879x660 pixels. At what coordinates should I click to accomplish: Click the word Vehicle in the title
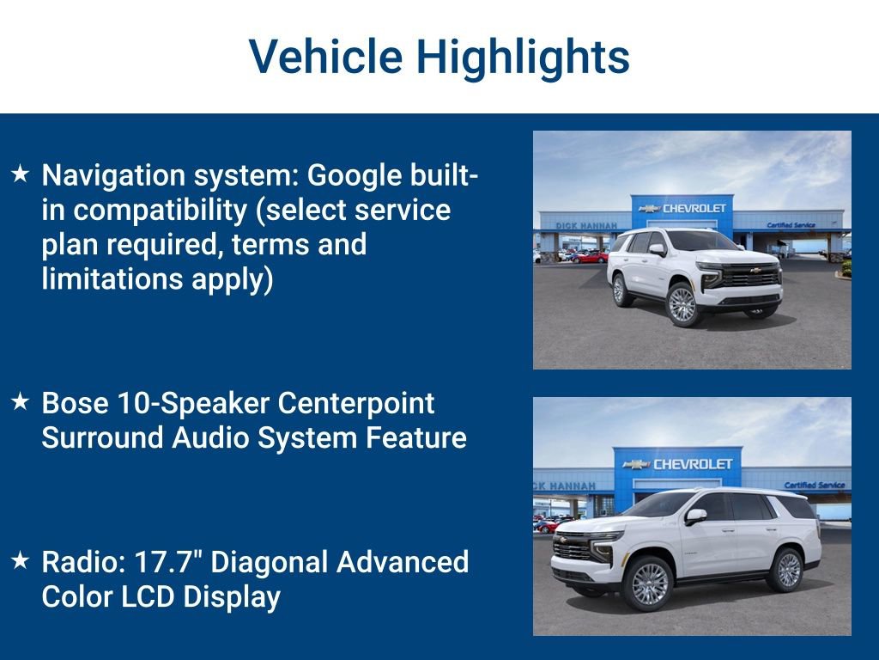point(325,57)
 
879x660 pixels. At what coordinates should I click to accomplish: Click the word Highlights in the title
point(523,57)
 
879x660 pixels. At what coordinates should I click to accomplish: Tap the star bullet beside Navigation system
point(21,174)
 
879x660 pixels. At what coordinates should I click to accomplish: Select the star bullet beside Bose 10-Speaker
point(21,402)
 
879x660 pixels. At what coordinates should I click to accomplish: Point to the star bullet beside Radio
point(21,561)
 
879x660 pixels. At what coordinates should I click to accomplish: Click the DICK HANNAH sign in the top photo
point(586,226)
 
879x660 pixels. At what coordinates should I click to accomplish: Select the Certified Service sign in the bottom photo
point(814,486)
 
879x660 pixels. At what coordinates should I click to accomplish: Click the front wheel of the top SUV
point(682,305)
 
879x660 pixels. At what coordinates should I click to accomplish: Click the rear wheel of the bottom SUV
point(787,570)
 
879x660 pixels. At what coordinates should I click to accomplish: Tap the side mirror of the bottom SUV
point(694,516)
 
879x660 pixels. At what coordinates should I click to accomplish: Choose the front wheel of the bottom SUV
point(650,584)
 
